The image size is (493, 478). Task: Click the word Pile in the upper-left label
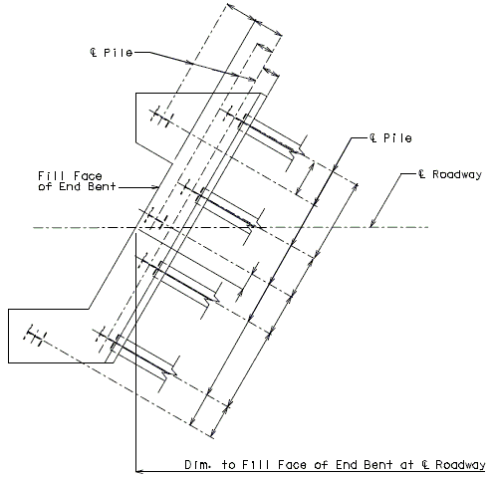pos(118,53)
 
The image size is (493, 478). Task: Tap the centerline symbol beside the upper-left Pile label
pos(94,53)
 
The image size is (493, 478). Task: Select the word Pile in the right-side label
pos(397,137)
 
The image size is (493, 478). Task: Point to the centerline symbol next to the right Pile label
pos(373,137)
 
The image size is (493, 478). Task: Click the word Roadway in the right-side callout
pos(457,174)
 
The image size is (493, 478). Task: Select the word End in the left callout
pos(70,186)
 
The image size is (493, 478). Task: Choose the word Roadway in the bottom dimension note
pos(460,465)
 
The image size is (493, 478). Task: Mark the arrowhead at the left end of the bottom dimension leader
pos(139,471)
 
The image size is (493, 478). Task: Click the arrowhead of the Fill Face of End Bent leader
pos(155,187)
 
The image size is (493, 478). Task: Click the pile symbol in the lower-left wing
pos(35,335)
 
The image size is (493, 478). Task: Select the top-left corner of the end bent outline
pos(135,94)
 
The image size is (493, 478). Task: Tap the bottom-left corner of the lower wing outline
pos(8,362)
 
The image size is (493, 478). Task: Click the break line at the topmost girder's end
pos(297,149)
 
